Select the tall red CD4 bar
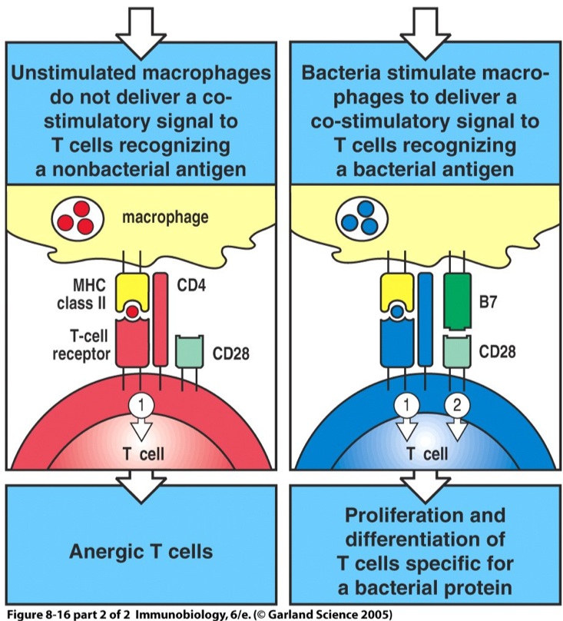[161, 318]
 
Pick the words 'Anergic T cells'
[140, 551]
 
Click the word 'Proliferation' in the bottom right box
[424, 514]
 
